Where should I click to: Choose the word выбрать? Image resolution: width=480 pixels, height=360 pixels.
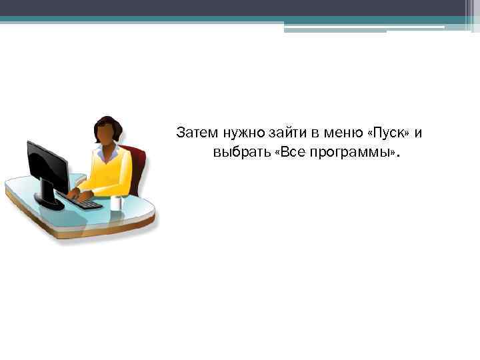[241, 153]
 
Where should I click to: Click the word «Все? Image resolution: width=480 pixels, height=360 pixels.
[290, 153]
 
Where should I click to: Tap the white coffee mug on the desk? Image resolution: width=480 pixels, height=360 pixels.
[117, 203]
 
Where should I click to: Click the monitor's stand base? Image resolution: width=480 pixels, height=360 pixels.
[50, 203]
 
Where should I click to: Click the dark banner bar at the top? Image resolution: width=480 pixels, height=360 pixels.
[240, 8]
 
